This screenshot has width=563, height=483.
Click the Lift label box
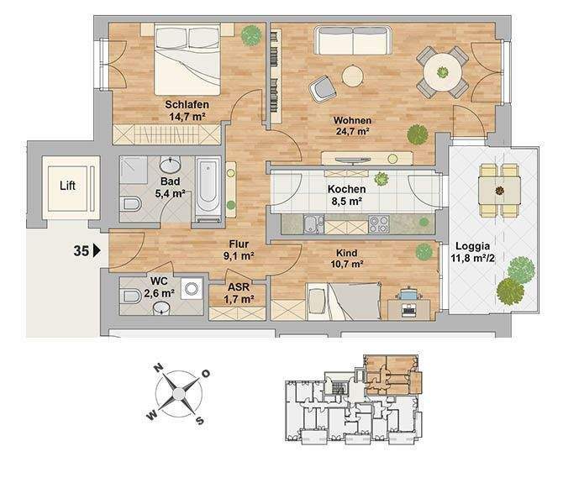coord(68,185)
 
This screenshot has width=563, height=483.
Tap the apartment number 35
coord(82,249)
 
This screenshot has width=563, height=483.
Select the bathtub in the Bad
coord(208,189)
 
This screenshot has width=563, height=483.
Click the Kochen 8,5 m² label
coord(345,196)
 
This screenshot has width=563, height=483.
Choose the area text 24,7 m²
coord(352,132)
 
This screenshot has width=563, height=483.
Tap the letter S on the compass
coord(200,419)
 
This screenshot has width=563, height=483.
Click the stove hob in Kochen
coord(379,224)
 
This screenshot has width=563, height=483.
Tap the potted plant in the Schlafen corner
coord(250,36)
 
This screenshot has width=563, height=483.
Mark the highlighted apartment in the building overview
coord(391,374)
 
